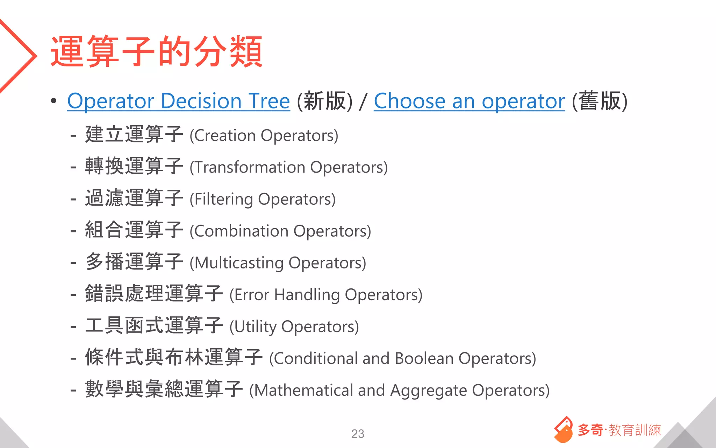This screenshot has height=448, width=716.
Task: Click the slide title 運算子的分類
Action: coord(156,51)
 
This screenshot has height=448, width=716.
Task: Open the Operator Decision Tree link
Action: coord(178,101)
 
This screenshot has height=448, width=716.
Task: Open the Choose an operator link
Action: coord(469,101)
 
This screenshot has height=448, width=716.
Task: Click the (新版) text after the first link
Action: coord(324,101)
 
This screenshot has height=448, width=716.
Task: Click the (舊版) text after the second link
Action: coord(600,101)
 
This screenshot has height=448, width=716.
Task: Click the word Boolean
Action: coord(424,359)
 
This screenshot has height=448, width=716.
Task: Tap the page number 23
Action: coord(358,434)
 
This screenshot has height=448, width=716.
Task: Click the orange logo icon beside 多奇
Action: coord(563,429)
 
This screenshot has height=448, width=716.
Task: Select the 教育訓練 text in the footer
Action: coord(635,430)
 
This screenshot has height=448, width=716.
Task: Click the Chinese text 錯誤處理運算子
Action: coord(154,294)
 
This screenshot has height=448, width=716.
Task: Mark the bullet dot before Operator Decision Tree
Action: coord(53,101)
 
